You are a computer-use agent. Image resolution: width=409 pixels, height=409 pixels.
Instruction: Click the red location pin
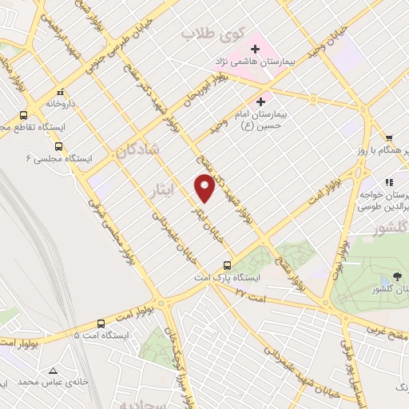204,188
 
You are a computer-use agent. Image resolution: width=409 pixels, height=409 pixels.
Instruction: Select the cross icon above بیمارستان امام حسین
260,102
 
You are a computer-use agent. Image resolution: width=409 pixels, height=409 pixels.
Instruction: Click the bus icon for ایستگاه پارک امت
228,266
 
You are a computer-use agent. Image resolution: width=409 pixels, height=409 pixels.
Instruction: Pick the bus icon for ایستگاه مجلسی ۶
58,146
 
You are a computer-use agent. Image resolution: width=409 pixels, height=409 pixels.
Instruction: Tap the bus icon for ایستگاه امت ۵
101,324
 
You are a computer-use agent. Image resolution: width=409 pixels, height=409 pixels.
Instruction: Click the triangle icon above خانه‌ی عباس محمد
53,371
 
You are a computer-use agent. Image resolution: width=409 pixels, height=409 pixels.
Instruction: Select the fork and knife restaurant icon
390,183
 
